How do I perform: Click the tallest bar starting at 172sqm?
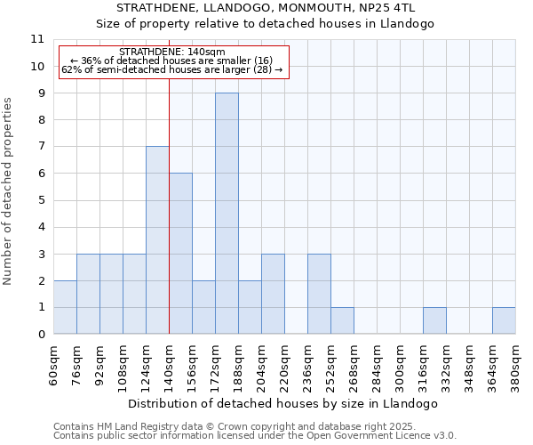pos(227,214)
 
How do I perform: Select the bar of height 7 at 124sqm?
pos(157,240)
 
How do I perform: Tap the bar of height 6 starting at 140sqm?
pos(180,254)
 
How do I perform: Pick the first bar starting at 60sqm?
pos(65,307)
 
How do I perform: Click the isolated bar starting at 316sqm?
pos(434,320)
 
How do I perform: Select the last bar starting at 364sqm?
pos(504,320)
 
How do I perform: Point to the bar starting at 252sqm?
pos(342,320)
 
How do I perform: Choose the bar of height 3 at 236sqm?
pos(319,294)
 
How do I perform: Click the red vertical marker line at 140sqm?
pos(169,222)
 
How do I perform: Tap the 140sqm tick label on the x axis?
pos(170,364)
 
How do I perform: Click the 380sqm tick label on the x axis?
pos(516,364)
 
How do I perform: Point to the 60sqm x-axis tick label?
pos(54,364)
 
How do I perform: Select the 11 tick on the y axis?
pos(37,39)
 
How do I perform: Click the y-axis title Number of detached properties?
pos(8,191)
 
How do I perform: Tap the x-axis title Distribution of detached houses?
pos(284,404)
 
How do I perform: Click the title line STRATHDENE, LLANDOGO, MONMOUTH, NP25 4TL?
pos(284,8)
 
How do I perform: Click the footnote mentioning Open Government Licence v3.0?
pos(255,436)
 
